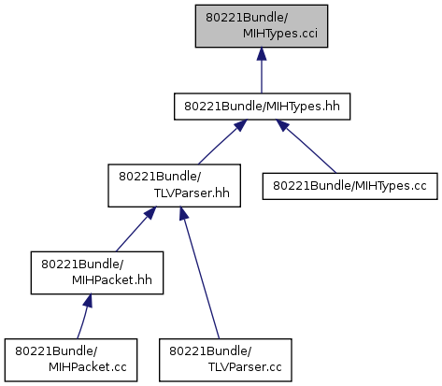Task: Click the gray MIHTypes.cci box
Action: [x=262, y=26]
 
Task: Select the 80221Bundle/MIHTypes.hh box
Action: [x=262, y=107]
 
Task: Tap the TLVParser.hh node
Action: [x=174, y=185]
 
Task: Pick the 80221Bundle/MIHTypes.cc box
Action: [x=349, y=186]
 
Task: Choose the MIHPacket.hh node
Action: [x=97, y=273]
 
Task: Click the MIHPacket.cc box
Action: [x=71, y=360]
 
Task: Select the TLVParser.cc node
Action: [x=225, y=360]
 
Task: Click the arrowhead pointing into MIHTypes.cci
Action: [x=262, y=53]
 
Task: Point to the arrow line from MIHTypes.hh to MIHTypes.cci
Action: [x=262, y=70]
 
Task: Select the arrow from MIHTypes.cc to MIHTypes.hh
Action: [x=307, y=147]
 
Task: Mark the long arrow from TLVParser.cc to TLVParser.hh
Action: [x=200, y=273]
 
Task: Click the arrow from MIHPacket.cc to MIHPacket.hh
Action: [x=84, y=316]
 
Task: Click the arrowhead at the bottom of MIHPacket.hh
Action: [x=88, y=300]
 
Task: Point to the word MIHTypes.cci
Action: [x=280, y=34]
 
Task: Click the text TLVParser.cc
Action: [x=245, y=367]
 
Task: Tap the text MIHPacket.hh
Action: [x=112, y=280]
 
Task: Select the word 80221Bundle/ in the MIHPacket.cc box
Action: [x=56, y=351]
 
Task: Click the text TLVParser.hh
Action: [x=192, y=193]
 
